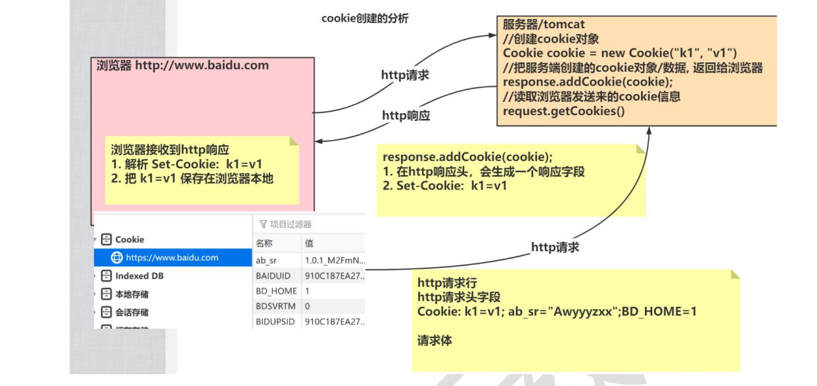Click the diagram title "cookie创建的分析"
(x=365, y=18)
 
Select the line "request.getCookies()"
(x=563, y=110)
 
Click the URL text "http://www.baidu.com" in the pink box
(x=202, y=65)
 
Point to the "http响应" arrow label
(x=406, y=115)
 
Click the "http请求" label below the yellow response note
(x=555, y=247)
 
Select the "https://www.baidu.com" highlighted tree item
(x=172, y=257)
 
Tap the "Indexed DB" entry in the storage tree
(x=139, y=276)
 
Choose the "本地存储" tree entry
(x=132, y=294)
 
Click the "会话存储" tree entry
(x=132, y=312)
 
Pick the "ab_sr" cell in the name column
(x=267, y=260)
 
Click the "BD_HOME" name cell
(x=276, y=291)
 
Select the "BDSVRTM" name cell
(x=275, y=306)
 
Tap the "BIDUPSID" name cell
(x=276, y=322)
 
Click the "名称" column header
(x=264, y=243)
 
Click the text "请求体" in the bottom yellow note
(x=434, y=341)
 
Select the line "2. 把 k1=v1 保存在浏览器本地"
(x=192, y=178)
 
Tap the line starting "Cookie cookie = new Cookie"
(x=619, y=53)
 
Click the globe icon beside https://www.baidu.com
(x=117, y=257)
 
